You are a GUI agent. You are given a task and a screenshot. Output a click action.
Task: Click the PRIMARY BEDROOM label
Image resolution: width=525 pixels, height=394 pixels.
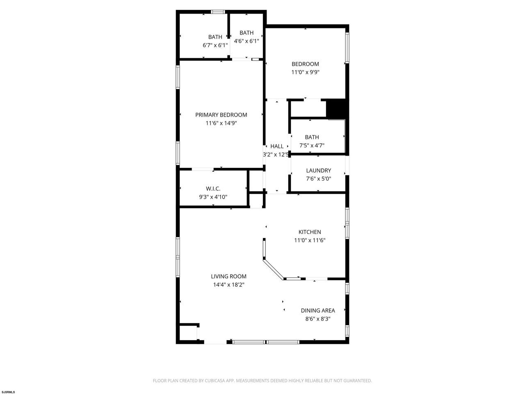(x=221, y=115)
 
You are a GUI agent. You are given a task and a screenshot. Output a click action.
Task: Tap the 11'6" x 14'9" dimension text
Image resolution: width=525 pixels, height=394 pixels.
(x=221, y=123)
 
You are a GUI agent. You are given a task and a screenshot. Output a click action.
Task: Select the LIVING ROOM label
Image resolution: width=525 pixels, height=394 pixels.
(x=228, y=276)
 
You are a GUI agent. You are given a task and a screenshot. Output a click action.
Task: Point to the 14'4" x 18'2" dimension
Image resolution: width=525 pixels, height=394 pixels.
(x=228, y=285)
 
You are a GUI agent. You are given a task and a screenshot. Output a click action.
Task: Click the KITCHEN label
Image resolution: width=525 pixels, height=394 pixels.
(x=310, y=232)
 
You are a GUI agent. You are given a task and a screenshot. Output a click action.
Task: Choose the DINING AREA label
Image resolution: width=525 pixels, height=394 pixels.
(x=317, y=310)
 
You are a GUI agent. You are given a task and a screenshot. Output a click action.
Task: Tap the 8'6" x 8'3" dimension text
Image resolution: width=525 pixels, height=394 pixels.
(x=317, y=318)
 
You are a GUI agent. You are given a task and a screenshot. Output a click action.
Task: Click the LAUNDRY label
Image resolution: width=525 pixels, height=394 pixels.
(x=318, y=170)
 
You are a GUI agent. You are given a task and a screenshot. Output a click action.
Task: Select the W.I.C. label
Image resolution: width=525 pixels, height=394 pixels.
(x=213, y=188)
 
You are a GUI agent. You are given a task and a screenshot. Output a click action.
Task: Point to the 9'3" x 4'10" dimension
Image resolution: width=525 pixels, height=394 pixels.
(x=213, y=197)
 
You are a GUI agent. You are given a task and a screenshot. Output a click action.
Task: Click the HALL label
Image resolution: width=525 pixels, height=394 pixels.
(x=277, y=146)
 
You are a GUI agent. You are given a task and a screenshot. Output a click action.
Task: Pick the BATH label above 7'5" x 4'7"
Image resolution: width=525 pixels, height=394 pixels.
(x=312, y=137)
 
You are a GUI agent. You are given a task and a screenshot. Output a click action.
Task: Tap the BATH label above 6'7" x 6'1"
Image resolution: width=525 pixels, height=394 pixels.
(x=215, y=37)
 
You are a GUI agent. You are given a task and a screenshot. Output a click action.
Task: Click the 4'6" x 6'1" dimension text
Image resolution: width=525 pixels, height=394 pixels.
(x=247, y=41)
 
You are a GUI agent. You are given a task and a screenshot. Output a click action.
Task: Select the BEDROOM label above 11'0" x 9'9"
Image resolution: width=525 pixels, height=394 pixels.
(x=305, y=64)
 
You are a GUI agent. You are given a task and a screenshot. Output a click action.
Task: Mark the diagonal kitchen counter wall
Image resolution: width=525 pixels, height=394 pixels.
(x=274, y=269)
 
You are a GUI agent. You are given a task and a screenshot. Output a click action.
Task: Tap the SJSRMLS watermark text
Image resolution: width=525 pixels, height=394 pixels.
(x=8, y=392)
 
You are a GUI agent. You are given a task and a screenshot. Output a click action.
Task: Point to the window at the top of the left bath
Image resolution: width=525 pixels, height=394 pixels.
(x=218, y=11)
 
